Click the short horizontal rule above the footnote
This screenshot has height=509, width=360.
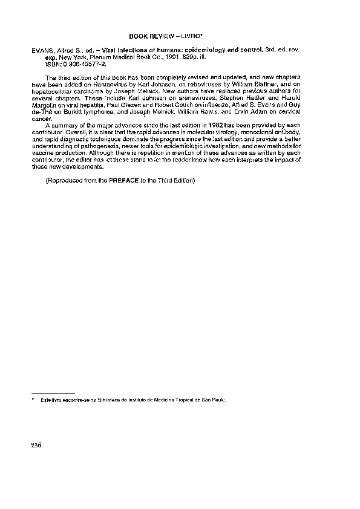53,392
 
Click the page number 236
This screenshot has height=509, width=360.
36,446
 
